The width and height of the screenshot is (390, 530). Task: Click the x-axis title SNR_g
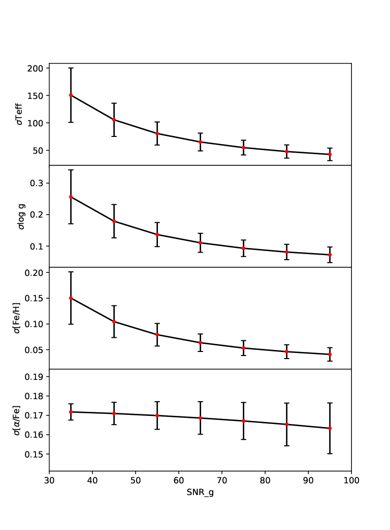(200, 492)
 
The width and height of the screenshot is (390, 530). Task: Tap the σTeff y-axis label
(20, 114)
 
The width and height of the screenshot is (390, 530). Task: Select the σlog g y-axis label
(21, 217)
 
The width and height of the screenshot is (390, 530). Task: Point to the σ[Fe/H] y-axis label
(17, 317)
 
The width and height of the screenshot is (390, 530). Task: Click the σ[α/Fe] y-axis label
(17, 420)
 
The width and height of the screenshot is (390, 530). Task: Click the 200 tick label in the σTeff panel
(36, 68)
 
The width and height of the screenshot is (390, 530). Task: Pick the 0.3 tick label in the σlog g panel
(37, 183)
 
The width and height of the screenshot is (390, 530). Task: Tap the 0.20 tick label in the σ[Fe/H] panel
(34, 273)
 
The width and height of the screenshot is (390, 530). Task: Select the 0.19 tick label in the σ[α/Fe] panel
(34, 376)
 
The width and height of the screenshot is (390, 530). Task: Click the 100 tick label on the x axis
(351, 480)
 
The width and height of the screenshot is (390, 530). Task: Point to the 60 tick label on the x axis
(179, 480)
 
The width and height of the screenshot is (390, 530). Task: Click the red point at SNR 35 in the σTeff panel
(71, 95)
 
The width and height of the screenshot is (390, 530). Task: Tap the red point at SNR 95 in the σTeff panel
(330, 155)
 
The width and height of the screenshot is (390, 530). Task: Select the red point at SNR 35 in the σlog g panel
(71, 197)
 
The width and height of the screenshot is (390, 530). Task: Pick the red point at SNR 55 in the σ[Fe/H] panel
(157, 335)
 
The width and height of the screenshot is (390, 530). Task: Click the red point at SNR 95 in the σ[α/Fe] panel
(330, 428)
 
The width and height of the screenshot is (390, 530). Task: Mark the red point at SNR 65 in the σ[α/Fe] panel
(201, 418)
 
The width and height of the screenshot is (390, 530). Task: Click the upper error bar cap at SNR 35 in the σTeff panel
(71, 68)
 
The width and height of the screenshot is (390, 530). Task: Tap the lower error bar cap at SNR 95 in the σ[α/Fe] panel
(330, 453)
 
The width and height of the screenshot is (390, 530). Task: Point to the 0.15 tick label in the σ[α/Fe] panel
(34, 454)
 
